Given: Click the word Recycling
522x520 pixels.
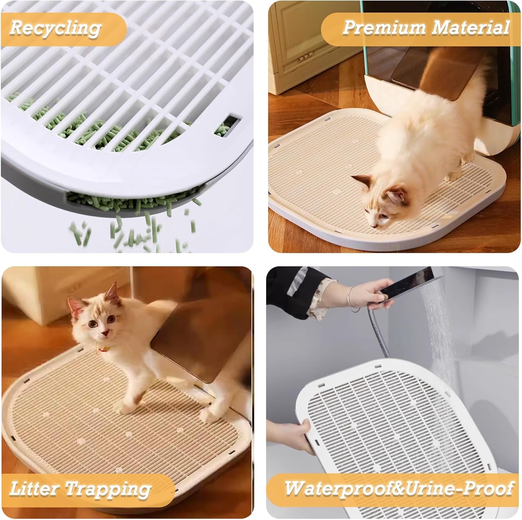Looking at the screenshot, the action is (x=55, y=27).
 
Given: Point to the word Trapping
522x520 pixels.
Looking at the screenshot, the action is (x=108, y=489).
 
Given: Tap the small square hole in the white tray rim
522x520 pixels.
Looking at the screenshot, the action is (x=232, y=122).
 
